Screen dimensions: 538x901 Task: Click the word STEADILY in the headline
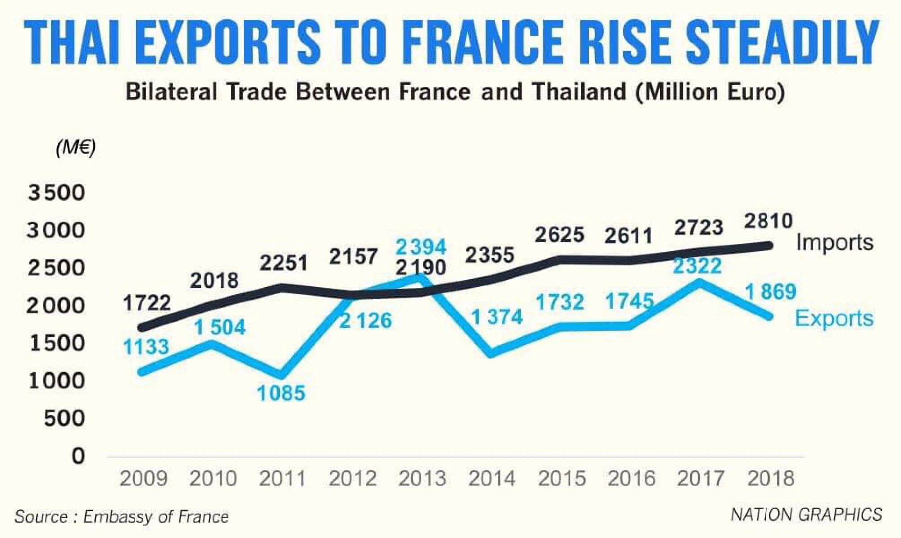coord(783,43)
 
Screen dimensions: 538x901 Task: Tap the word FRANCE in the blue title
coord(482,43)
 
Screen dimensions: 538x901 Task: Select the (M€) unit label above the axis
coord(76,147)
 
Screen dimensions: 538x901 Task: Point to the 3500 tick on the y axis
coord(56,193)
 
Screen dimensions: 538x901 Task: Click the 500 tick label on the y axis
coord(64,419)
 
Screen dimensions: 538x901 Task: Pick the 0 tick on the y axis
coord(78,456)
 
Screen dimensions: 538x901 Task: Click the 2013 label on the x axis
coord(422,479)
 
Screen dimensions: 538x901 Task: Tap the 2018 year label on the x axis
coord(770,479)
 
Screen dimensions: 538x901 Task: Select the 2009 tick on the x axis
coord(144,479)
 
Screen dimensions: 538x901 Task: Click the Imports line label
coord(834,242)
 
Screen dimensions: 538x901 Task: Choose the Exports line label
coord(834,319)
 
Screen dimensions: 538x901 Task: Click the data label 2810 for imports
coord(768,221)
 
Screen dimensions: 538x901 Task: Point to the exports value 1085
coord(281,393)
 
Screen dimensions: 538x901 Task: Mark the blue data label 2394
coord(421,247)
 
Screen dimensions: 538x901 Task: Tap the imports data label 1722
coord(147,303)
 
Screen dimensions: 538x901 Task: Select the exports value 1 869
coord(771,292)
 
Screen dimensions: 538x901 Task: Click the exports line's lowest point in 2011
coord(282,375)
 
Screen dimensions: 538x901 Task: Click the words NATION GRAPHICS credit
coord(806,515)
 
